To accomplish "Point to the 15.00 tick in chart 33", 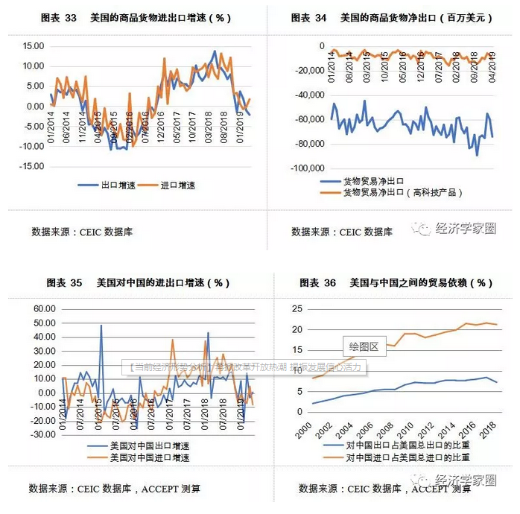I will coord(34,45).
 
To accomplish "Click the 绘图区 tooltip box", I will coord(364,346).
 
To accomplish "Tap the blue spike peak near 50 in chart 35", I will coord(101,326).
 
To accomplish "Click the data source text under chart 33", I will coord(82,232).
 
